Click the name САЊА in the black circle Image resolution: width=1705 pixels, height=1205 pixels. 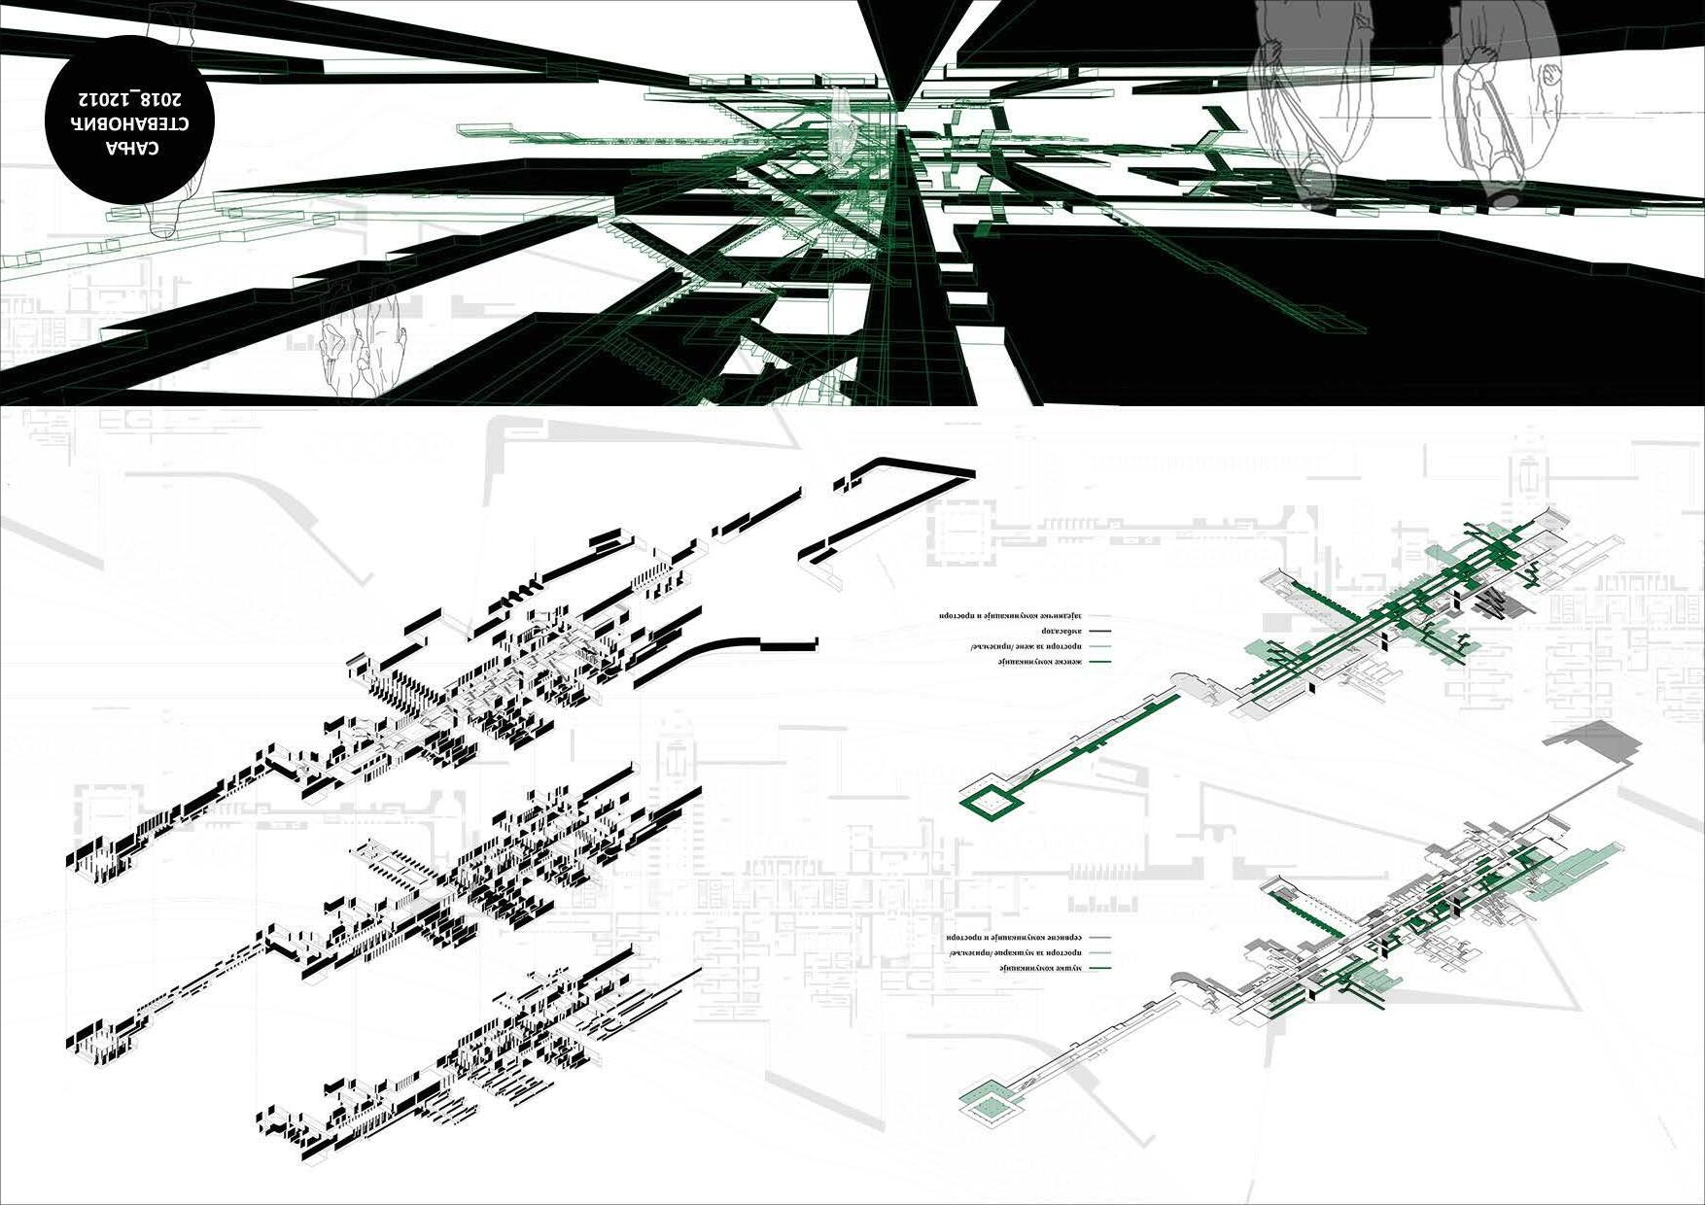132,149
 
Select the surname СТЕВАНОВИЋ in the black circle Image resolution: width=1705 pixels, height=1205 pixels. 130,123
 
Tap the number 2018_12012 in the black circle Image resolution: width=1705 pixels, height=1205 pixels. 130,98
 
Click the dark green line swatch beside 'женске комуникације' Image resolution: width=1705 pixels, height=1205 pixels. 1098,662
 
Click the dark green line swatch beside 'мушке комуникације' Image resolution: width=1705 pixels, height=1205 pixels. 1098,969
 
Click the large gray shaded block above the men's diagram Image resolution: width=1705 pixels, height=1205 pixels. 1594,743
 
